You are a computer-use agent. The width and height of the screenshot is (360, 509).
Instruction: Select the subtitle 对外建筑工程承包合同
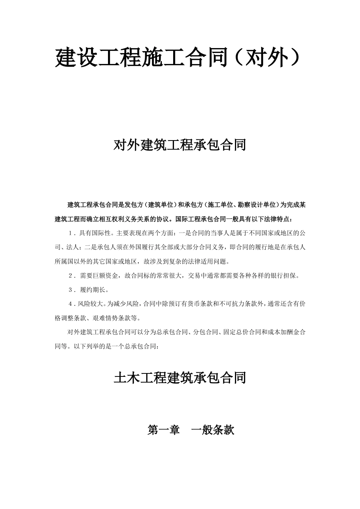click(180, 145)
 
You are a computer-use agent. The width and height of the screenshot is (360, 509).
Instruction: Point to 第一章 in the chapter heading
click(163, 430)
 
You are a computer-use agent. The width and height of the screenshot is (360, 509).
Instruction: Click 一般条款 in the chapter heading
click(213, 430)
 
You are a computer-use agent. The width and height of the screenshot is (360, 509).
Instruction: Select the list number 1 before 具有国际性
click(71, 233)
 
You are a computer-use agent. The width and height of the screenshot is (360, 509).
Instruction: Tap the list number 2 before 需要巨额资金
click(71, 276)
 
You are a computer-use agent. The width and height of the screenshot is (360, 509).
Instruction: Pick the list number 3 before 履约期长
click(71, 290)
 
